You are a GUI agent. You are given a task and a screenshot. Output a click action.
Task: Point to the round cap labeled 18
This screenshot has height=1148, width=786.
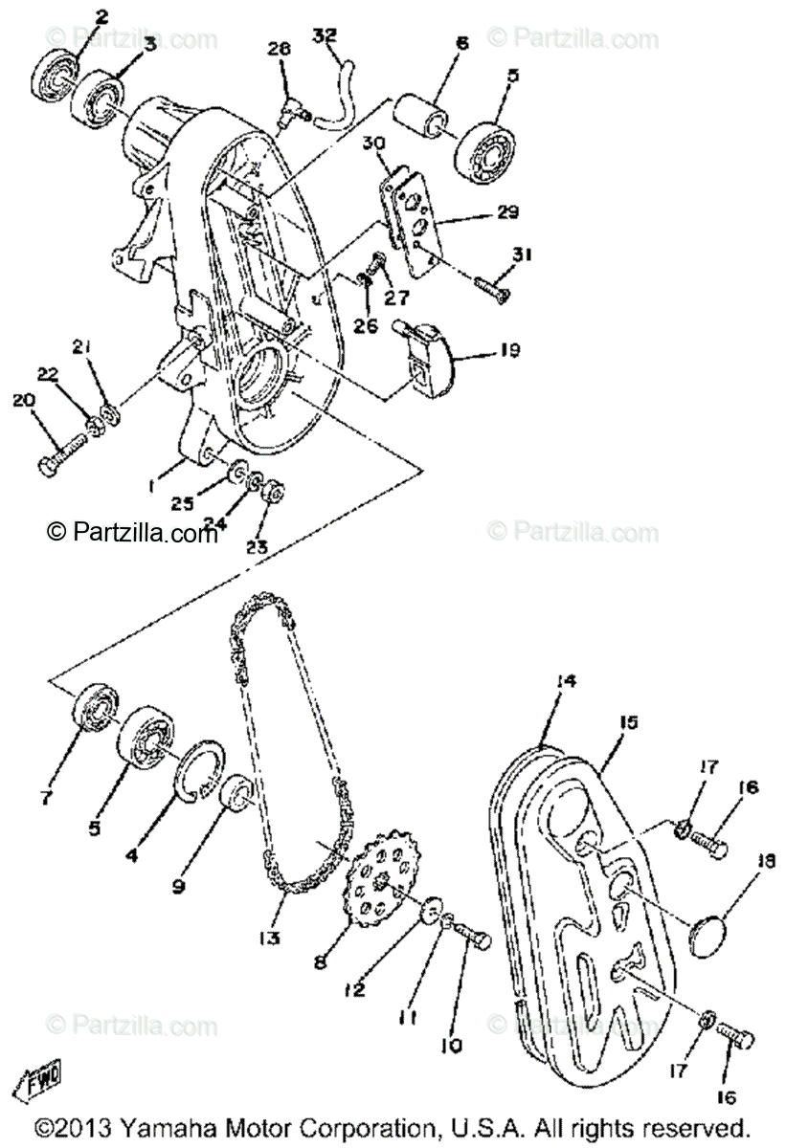click(x=712, y=930)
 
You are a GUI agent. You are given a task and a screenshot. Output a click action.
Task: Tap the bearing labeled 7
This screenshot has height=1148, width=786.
click(x=96, y=713)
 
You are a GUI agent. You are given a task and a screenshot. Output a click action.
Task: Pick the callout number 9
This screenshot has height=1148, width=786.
click(x=179, y=887)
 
